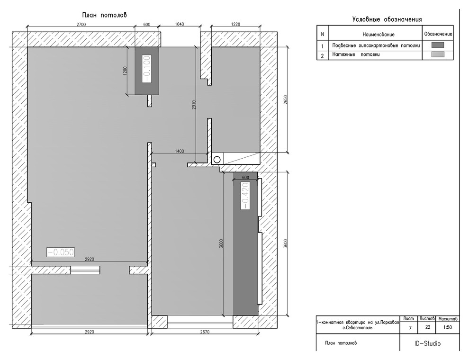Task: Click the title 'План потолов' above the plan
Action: point(104,15)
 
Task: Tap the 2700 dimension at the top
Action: point(81,25)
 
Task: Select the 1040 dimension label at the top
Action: point(179,24)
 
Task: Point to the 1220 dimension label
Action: point(236,24)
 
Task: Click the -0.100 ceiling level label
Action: point(147,69)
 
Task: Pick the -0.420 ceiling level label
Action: point(245,196)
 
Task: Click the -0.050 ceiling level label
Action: point(61,252)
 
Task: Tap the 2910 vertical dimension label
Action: point(194,105)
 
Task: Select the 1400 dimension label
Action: point(179,151)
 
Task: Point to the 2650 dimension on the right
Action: point(285,100)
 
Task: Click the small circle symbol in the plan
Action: point(217,160)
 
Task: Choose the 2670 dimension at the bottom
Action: point(205,332)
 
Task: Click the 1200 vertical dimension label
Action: point(126,71)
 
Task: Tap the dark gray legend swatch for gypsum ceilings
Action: point(438,45)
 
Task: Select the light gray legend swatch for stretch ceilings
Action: point(438,54)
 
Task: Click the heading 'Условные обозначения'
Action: point(387,19)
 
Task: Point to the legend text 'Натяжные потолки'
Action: point(356,55)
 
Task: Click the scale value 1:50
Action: point(448,327)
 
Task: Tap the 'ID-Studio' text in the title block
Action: point(427,343)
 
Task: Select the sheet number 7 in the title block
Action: point(410,328)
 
